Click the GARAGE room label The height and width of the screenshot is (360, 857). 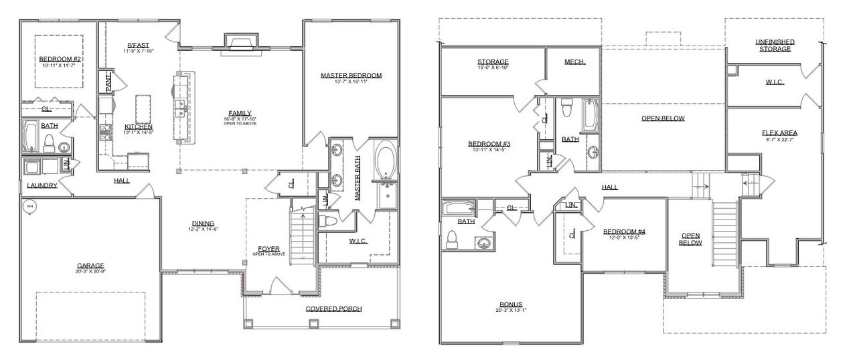point(89,266)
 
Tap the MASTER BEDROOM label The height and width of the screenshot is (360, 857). point(351,76)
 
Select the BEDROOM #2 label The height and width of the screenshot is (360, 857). point(60,59)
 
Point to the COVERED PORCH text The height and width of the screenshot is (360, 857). point(333,308)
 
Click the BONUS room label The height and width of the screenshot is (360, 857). point(510,304)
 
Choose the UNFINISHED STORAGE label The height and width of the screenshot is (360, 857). point(775,45)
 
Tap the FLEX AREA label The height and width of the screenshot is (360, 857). point(779,132)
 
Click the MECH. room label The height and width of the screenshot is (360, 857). point(574,62)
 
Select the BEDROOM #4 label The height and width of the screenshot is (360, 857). point(623,232)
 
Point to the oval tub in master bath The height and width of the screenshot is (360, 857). point(386,161)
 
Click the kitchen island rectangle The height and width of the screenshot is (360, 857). point(143,108)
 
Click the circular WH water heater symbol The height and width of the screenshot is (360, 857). point(29,207)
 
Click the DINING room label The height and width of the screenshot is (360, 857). point(203,223)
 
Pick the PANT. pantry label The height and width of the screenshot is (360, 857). point(108,82)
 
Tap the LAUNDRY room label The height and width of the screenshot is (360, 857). point(42,185)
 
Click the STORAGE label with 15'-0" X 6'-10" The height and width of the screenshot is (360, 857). point(493,62)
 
